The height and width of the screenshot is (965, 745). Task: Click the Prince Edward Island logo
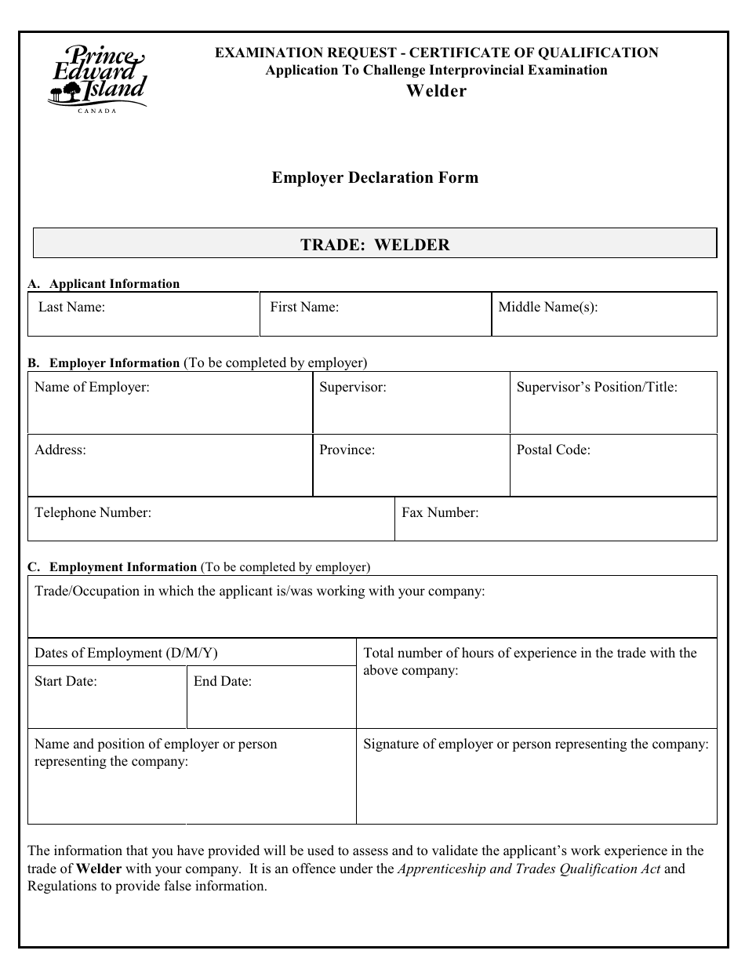pos(97,77)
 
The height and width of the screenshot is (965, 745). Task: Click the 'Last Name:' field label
pos(71,307)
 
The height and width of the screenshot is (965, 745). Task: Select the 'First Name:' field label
pos(304,307)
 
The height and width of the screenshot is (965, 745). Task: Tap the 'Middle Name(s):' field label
pos(548,307)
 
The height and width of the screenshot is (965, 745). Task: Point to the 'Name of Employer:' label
pos(92,387)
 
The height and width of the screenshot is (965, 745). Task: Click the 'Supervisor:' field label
pos(353,387)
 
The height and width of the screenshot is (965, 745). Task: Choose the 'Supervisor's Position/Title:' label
pos(597,387)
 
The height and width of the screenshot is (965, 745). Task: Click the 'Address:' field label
pos(60,450)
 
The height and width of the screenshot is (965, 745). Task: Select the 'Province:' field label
pos(347,450)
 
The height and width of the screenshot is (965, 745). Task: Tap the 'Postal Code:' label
pos(554,450)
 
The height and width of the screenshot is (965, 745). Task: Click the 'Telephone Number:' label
pos(93,512)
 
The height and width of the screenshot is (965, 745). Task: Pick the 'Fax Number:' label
pos(440,512)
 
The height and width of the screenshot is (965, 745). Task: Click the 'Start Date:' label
pos(66,681)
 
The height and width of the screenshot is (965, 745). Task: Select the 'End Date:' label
pos(223,681)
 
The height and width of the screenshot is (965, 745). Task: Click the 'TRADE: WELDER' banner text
pos(375,245)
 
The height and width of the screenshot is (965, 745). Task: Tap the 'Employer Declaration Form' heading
pos(375,177)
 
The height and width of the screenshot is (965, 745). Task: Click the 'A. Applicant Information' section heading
pos(104,284)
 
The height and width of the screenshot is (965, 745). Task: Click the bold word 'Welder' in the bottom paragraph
pos(99,868)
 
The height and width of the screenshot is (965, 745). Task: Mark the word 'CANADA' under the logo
pos(97,111)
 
